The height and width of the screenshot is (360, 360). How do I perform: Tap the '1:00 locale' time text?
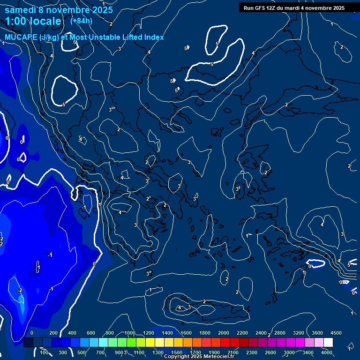pyautogui.click(x=33, y=21)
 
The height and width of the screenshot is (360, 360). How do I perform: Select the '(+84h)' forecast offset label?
pyautogui.click(x=81, y=21)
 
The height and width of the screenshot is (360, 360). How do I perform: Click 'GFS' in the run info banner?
pyautogui.click(x=262, y=8)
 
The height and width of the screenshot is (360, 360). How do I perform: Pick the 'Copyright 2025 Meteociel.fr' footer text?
pyautogui.click(x=199, y=357)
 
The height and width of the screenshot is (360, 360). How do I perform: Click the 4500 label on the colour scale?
pyautogui.click(x=336, y=333)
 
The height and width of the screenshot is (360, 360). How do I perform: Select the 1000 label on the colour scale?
pyautogui.click(x=129, y=333)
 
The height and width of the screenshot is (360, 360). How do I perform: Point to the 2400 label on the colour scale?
pyautogui.click(x=261, y=333)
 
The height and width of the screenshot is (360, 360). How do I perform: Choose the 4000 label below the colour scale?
pyautogui.click(x=326, y=352)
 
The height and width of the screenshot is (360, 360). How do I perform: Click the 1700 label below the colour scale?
pyautogui.click(x=195, y=352)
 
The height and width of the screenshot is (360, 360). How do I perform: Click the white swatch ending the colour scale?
pyautogui.click(x=341, y=343)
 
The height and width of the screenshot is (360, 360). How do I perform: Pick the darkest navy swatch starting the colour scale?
pyautogui.click(x=28, y=343)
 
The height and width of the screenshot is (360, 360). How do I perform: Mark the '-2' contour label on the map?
pyautogui.click(x=20, y=291)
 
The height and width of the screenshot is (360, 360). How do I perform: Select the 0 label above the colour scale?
pyautogui.click(x=32, y=333)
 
